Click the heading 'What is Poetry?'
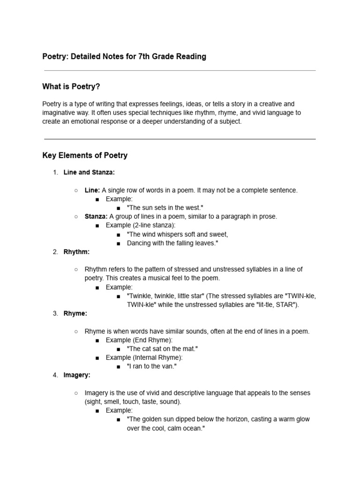click(71, 87)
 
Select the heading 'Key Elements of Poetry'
click(85, 155)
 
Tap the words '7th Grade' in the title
click(155, 57)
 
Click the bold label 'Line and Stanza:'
click(89, 172)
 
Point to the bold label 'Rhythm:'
click(76, 252)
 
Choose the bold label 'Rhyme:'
click(75, 314)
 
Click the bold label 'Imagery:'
click(77, 375)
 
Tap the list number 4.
click(54, 375)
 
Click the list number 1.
click(54, 172)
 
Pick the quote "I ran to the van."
click(151, 366)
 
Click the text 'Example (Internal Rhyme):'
click(144, 358)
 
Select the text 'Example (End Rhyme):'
click(139, 340)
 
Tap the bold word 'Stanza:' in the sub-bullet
click(96, 217)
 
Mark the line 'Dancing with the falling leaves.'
click(172, 243)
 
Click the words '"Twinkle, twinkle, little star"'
click(165, 296)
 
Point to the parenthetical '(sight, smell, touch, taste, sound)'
click(133, 402)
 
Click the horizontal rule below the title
click(180, 71)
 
